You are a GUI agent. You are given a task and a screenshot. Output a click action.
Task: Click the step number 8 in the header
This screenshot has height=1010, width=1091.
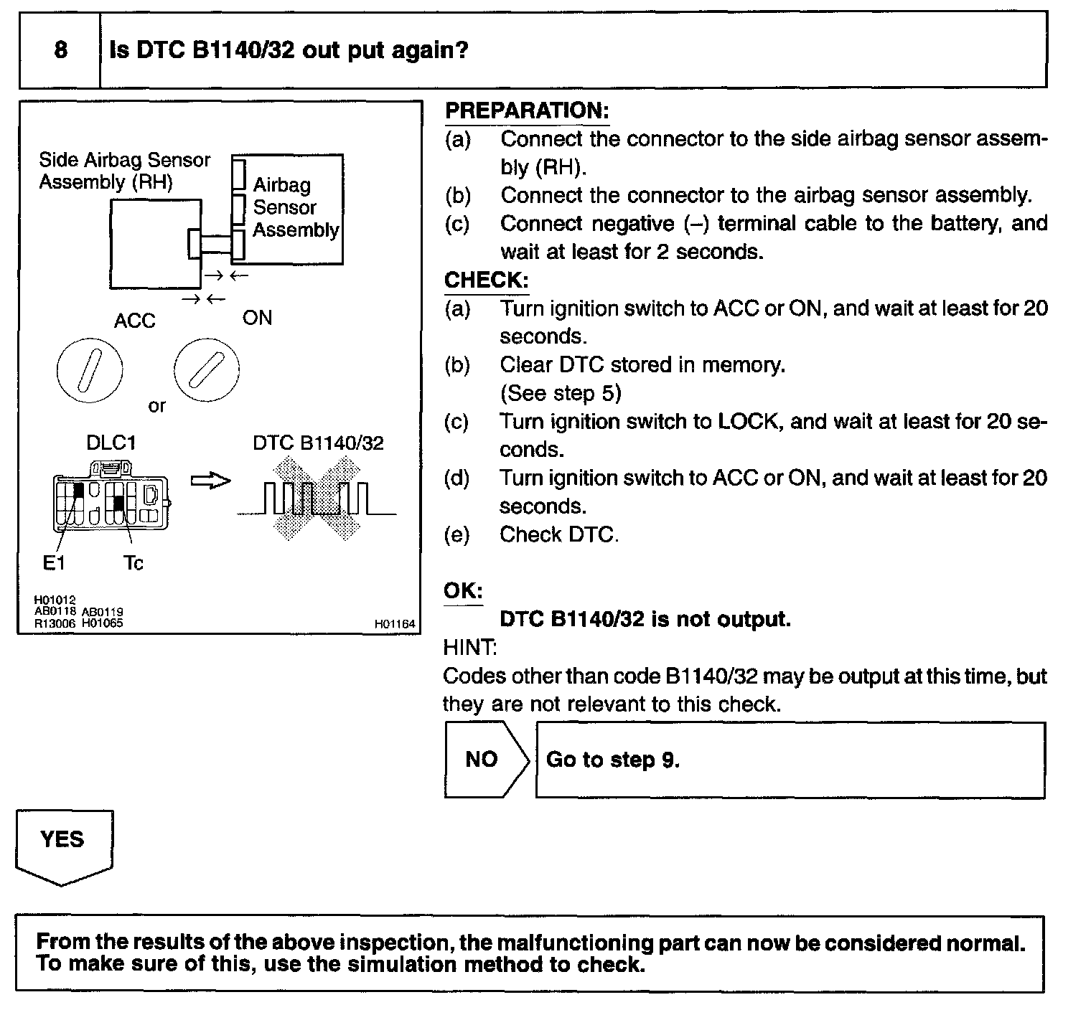(x=61, y=50)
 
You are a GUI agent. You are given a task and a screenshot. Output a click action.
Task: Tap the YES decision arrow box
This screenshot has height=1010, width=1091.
(x=64, y=847)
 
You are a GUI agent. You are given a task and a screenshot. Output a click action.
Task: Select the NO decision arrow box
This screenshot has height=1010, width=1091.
(x=487, y=760)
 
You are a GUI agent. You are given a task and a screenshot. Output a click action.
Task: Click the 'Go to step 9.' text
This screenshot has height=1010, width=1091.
(x=612, y=760)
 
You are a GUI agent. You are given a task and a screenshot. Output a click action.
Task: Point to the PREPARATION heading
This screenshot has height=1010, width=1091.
(x=527, y=110)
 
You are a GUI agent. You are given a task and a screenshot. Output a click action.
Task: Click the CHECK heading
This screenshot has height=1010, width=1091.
(x=487, y=280)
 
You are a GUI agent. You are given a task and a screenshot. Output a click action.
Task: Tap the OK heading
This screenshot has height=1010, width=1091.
(x=463, y=590)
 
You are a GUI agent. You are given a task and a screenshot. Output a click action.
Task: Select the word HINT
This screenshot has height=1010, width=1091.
(x=470, y=647)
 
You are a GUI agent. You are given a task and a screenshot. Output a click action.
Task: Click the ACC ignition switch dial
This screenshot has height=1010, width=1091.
(x=89, y=371)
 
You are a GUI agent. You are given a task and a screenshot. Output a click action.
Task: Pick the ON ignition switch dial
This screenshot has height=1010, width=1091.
(x=206, y=369)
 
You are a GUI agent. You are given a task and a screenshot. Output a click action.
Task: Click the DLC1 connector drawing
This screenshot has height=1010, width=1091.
(x=111, y=496)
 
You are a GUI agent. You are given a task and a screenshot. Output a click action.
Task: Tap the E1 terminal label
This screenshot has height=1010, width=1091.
(x=54, y=563)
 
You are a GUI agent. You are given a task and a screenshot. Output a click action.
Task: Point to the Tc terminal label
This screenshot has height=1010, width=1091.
(x=133, y=563)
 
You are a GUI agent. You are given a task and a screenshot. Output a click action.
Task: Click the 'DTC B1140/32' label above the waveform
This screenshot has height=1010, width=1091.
(x=318, y=443)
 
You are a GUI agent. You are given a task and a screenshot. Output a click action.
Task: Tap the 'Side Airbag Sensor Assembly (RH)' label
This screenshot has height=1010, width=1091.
(x=125, y=171)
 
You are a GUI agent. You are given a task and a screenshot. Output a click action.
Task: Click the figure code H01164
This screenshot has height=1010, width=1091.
(x=395, y=625)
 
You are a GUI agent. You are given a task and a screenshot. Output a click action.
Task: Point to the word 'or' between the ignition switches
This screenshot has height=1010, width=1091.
(x=156, y=406)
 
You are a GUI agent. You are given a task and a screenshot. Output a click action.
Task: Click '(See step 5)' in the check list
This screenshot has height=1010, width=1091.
(x=561, y=393)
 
